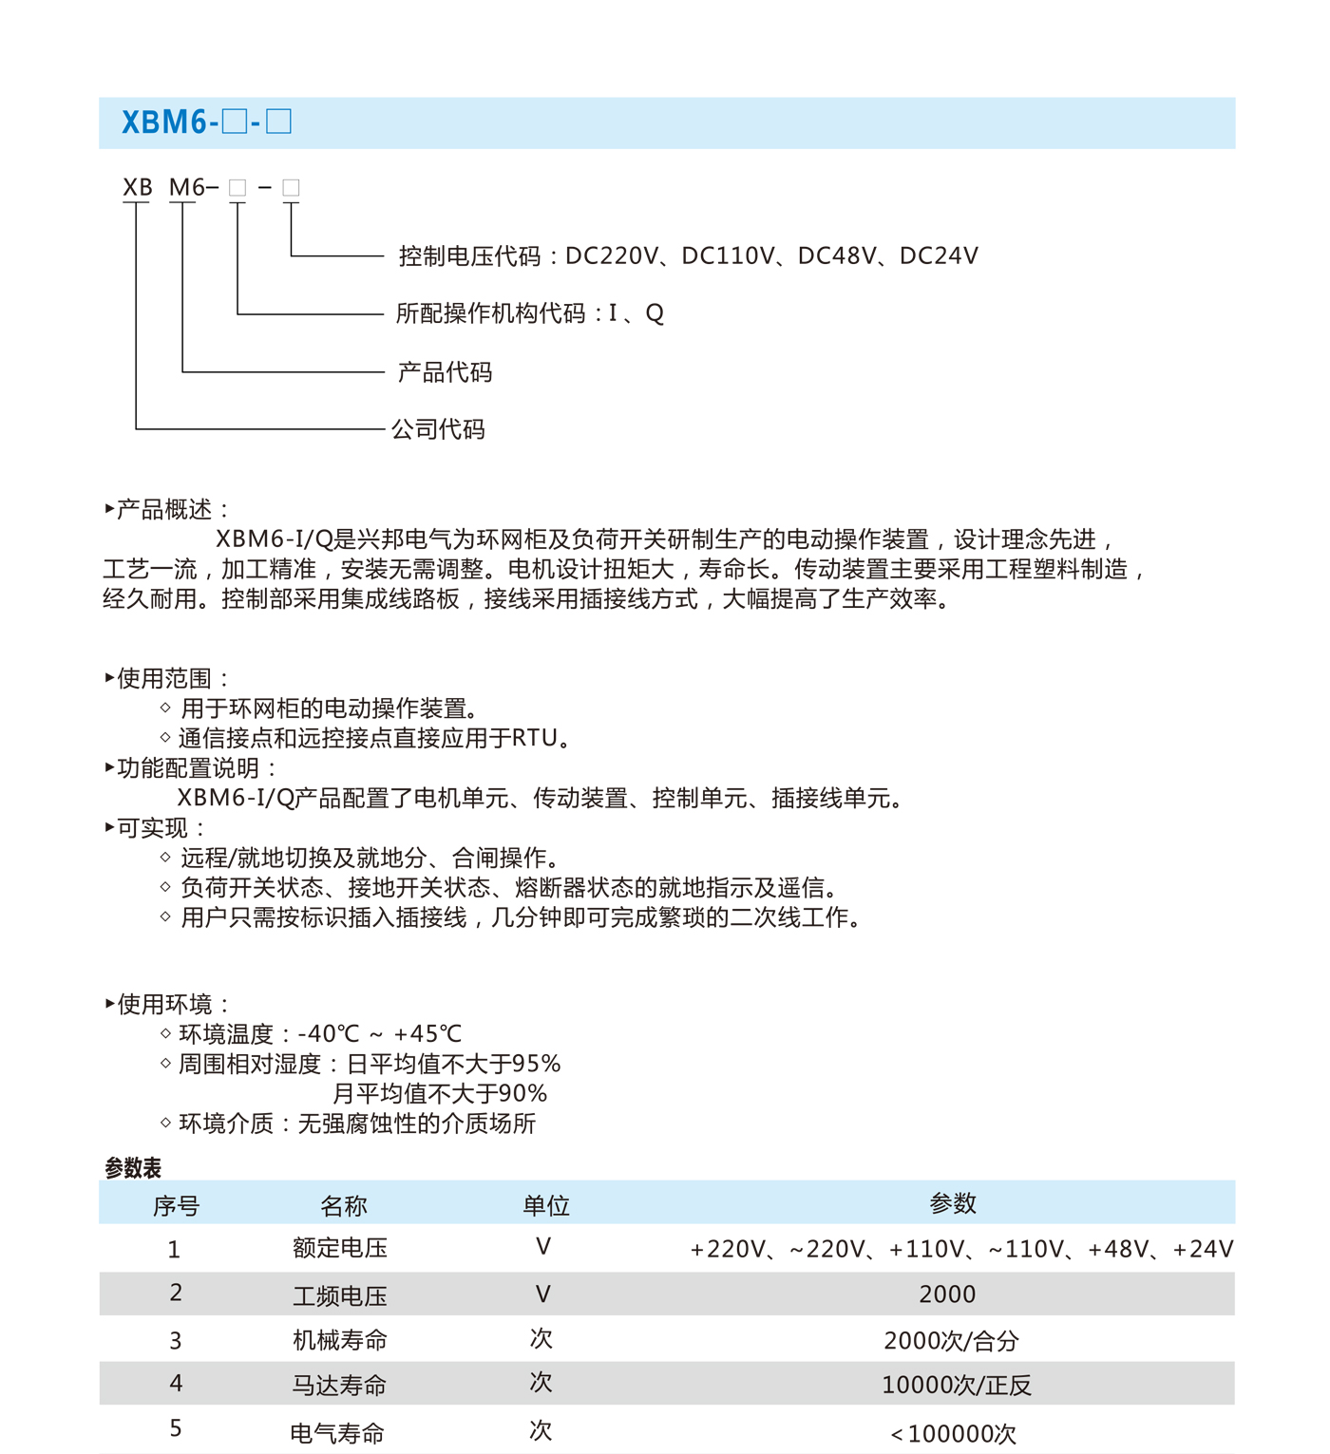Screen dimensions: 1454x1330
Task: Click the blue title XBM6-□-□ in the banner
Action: pos(206,123)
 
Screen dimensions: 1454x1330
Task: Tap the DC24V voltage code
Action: pos(939,255)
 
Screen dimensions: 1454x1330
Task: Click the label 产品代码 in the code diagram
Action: pos(445,372)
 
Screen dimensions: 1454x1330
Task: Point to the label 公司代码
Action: pos(438,429)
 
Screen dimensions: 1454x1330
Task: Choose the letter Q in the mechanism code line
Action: pos(655,313)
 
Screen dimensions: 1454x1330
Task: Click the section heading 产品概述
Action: pos(164,510)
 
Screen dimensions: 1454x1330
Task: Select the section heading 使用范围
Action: pos(164,678)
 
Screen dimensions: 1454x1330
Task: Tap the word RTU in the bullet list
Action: pos(534,738)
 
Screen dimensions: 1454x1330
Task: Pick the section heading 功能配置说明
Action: pos(188,768)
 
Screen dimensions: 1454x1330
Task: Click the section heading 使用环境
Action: pos(164,1004)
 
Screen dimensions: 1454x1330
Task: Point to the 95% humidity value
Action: pos(536,1064)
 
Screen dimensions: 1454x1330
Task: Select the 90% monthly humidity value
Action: pos(522,1094)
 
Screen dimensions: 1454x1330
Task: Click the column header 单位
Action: pos(546,1206)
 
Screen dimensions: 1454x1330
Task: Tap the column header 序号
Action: pos(177,1206)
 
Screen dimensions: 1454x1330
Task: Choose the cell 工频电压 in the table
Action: pos(340,1295)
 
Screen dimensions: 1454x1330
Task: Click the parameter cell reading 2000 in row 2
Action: pos(947,1294)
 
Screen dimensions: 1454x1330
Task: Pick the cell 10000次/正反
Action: pos(956,1386)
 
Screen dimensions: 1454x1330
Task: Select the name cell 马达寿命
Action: pos(339,1386)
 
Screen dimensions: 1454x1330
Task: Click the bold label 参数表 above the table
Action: pos(133,1168)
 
